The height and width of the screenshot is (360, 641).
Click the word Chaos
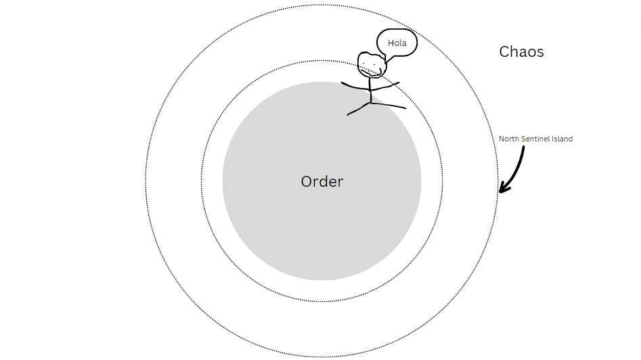point(521,51)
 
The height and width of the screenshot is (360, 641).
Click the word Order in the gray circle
point(322,181)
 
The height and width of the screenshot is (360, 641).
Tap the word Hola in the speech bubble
point(397,43)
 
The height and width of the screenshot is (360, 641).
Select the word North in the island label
point(509,139)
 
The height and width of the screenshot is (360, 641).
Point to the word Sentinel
point(537,139)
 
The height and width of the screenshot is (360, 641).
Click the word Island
point(562,139)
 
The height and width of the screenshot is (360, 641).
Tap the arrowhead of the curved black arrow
point(502,189)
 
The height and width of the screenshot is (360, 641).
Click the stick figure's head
point(371,64)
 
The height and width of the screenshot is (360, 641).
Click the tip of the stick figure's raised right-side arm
point(399,83)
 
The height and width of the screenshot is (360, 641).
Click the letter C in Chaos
point(504,51)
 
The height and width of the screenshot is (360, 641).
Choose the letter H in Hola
point(391,43)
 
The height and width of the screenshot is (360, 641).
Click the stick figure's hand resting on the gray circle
point(342,84)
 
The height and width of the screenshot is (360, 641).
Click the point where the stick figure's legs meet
point(371,104)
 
